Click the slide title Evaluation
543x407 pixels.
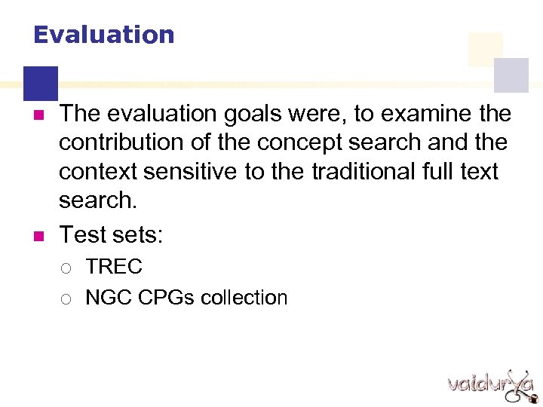click(104, 35)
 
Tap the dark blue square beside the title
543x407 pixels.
click(41, 83)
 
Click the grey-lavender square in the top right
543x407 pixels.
click(511, 75)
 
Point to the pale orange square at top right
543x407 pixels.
click(485, 49)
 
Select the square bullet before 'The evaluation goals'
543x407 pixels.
click(41, 115)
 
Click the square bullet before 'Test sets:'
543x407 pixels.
click(41, 235)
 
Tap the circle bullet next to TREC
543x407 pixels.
click(66, 268)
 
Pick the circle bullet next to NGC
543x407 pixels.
click(66, 299)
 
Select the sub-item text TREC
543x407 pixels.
click(114, 267)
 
